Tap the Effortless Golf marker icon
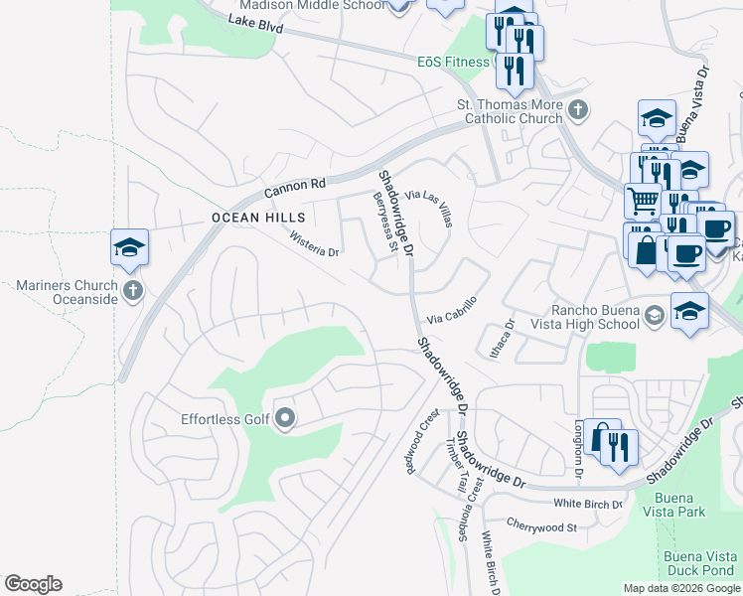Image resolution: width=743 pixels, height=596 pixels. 285,418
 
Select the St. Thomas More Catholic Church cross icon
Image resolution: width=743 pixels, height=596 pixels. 578,108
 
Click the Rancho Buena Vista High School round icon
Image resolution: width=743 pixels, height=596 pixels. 654,316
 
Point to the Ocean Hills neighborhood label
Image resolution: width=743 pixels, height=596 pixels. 248,218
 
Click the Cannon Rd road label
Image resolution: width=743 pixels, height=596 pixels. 295,186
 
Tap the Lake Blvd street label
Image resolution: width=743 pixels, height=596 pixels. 255,25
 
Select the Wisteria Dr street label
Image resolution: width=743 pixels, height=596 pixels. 314,243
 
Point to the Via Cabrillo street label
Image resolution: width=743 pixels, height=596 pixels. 452,310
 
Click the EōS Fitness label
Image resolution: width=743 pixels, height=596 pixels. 453,62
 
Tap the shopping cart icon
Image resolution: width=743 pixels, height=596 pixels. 643,200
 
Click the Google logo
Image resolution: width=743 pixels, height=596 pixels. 33,584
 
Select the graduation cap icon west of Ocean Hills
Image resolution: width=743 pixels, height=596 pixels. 129,247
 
